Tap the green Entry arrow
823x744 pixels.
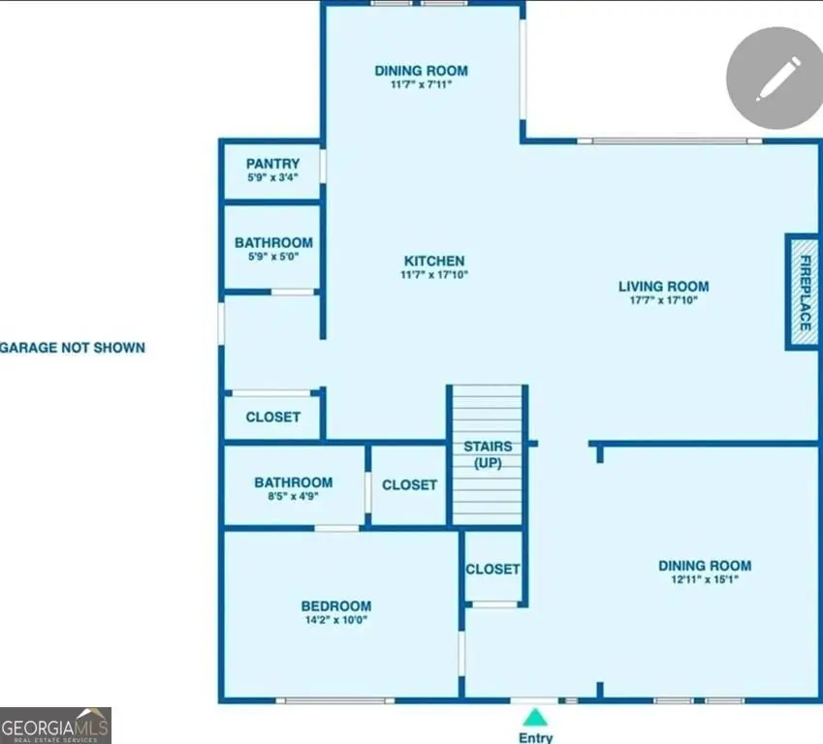535,717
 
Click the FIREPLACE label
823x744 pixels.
805,293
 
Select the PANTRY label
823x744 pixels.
273,164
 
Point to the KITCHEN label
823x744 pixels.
434,261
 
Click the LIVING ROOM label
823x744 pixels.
663,287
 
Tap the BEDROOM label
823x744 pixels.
336,606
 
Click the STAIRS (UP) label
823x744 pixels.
488,454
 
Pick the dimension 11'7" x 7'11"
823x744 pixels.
421,84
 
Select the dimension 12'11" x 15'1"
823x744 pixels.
705,579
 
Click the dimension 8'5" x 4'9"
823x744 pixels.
294,496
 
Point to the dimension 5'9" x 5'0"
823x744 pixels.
273,257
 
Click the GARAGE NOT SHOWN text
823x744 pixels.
73,348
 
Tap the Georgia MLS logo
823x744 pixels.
55,726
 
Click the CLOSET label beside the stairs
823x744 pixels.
409,484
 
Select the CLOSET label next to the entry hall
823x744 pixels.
492,569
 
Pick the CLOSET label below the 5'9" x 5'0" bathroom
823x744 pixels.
273,417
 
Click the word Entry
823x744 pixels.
535,738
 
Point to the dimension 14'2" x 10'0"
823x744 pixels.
336,620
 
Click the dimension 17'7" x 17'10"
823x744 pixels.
663,300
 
